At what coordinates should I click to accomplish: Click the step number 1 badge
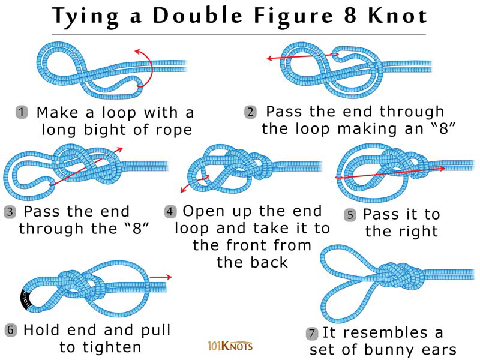[22, 112]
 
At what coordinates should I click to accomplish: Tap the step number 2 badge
[250, 112]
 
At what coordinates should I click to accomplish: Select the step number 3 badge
[10, 212]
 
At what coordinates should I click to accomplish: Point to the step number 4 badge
[170, 212]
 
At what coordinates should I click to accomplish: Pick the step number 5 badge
[350, 215]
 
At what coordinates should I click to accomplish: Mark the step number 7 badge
[311, 333]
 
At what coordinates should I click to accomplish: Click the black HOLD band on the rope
[26, 299]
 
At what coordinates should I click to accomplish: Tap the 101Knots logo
[230, 346]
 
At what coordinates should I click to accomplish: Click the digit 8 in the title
[350, 16]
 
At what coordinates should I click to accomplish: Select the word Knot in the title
[397, 16]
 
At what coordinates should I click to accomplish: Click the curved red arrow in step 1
[152, 66]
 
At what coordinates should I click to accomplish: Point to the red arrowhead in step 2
[269, 58]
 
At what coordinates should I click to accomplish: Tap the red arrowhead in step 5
[442, 169]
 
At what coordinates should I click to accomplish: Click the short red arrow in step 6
[161, 277]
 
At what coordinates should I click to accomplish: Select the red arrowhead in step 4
[183, 190]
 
